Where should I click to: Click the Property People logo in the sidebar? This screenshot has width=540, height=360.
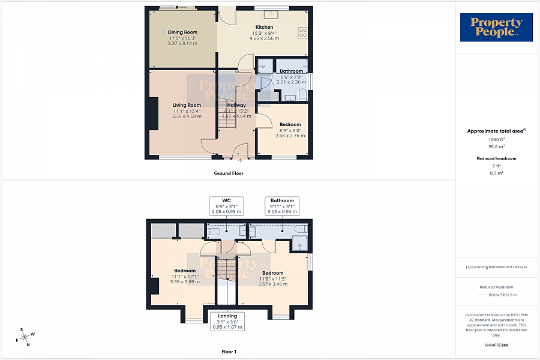(x=496, y=28)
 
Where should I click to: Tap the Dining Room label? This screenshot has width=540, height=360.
(x=182, y=32)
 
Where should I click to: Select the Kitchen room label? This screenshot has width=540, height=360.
(x=265, y=27)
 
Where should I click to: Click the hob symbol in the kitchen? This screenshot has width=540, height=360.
(x=302, y=34)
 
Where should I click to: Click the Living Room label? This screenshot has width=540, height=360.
(x=186, y=105)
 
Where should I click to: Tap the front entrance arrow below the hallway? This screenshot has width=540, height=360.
(x=241, y=161)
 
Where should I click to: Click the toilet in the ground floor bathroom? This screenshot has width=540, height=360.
(x=302, y=94)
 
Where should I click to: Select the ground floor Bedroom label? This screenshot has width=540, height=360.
(x=290, y=125)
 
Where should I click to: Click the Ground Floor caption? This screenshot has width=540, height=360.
(x=229, y=173)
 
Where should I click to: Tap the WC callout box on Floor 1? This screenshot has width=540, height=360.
(x=226, y=206)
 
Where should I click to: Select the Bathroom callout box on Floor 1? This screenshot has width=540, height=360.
(x=282, y=206)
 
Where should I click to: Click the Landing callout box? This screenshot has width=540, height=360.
(x=227, y=321)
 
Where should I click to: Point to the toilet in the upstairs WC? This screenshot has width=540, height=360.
(x=214, y=231)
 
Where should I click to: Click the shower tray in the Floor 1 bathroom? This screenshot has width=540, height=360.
(x=299, y=242)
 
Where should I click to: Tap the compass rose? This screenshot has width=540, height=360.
(x=25, y=337)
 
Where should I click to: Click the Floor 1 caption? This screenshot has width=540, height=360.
(x=229, y=351)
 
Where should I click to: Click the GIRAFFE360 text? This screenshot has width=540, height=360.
(x=496, y=345)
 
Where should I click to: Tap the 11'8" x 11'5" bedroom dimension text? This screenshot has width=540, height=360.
(x=273, y=278)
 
